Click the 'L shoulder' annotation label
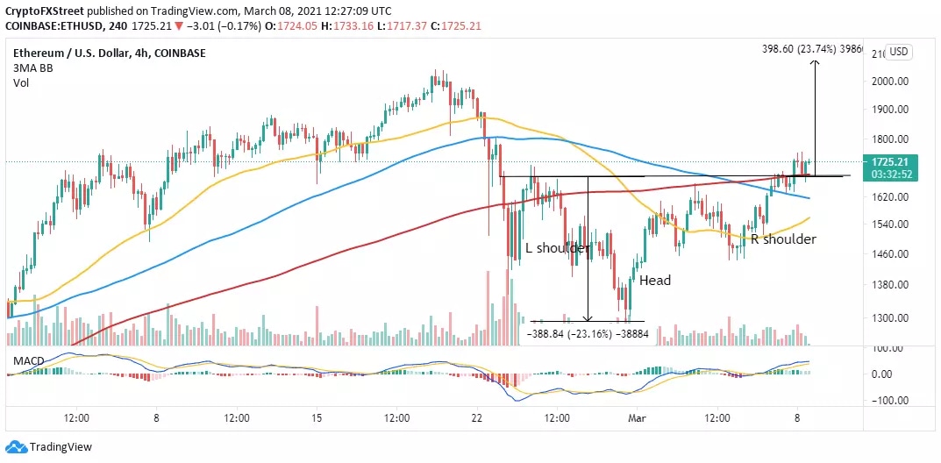tap(556, 249)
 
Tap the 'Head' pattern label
tap(654, 281)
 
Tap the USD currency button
tap(899, 52)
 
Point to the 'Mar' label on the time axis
tap(637, 418)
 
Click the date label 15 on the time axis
tap(317, 418)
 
